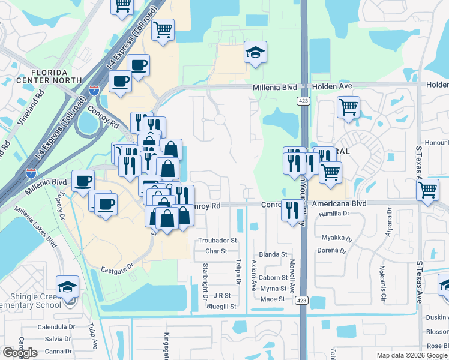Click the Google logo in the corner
(x=20, y=353)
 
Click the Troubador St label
(x=218, y=240)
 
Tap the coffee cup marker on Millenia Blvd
(x=83, y=181)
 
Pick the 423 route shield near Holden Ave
(x=303, y=101)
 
